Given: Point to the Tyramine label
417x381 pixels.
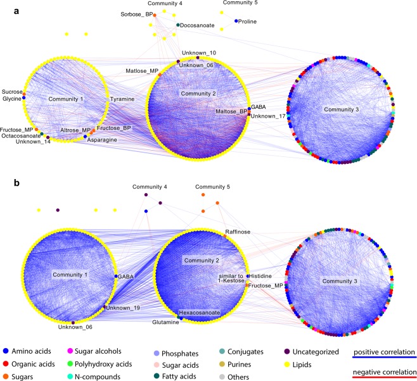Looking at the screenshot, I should [121, 100].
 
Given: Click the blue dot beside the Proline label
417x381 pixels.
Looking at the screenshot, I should [236, 21].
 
